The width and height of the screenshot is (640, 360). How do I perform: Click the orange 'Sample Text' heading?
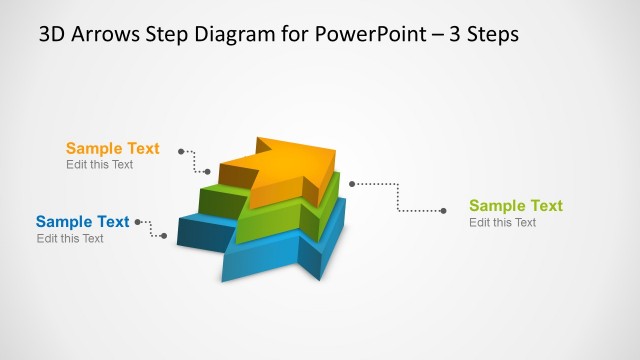point(112,148)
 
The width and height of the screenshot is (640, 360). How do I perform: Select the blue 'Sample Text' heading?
point(82,222)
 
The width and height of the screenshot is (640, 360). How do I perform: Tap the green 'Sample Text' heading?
point(516,206)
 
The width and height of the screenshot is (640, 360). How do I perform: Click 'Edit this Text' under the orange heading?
point(99,165)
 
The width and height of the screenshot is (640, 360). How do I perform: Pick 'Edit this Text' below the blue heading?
point(70,239)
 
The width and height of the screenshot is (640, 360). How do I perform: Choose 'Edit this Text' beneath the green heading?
point(503,223)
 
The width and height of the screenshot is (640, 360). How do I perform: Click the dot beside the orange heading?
point(181,151)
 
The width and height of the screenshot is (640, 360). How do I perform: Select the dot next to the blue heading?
point(137,222)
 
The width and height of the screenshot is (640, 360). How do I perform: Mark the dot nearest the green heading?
point(443,210)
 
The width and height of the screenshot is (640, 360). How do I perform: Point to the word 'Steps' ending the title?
point(491,34)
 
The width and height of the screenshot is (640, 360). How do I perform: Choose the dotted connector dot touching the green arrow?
point(352,184)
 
